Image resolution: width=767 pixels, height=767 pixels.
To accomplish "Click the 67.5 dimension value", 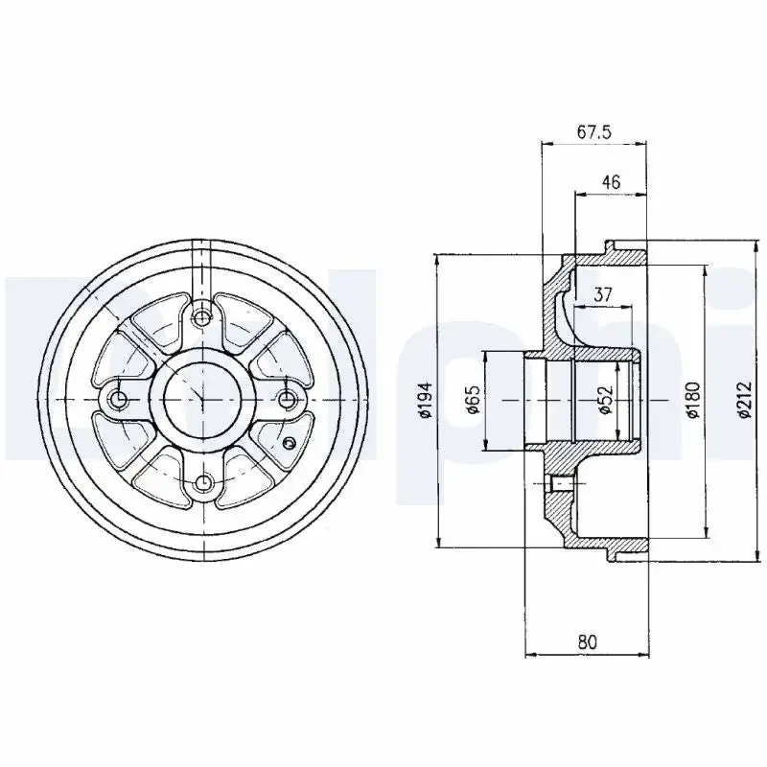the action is tap(594, 132).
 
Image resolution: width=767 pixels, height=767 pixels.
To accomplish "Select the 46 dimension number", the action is tap(611, 182).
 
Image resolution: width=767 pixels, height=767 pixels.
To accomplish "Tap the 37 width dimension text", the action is tap(603, 294).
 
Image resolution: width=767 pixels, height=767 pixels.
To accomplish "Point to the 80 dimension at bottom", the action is tap(588, 642).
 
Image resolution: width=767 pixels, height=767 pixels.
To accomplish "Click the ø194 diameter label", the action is tap(426, 400).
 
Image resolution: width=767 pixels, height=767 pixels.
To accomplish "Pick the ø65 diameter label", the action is tap(474, 400).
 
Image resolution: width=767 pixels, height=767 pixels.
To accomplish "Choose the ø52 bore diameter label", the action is tap(606, 400).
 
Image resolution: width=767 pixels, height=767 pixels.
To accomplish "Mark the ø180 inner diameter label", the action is tap(693, 400).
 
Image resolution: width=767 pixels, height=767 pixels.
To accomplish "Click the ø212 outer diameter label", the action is tap(745, 400).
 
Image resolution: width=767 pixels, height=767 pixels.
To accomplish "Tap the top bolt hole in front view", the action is tap(201, 318).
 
